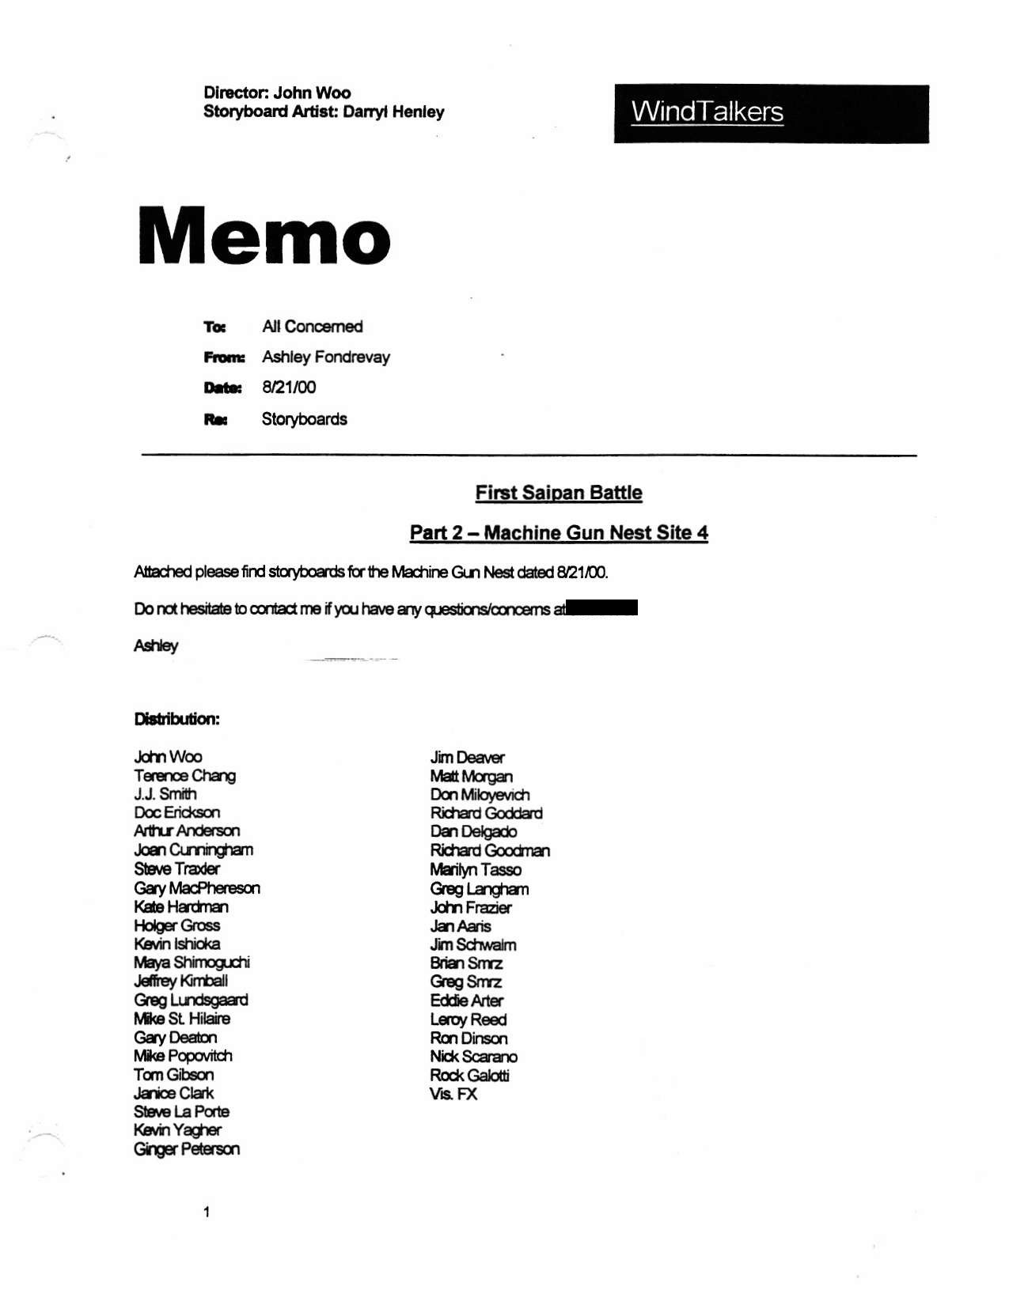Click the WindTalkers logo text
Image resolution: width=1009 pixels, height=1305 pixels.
coord(707,112)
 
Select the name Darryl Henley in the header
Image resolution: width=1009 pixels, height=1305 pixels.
coord(393,112)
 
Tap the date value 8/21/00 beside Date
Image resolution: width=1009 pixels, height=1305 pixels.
coord(289,387)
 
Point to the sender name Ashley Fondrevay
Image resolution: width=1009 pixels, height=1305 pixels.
coord(326,357)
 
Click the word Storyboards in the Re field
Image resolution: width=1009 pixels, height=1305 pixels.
coord(305,419)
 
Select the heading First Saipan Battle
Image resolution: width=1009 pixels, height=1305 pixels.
coord(559,493)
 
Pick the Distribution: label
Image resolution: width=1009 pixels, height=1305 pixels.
coord(176,719)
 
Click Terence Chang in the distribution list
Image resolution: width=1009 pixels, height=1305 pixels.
coord(184,775)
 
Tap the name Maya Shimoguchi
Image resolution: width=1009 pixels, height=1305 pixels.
coord(192,962)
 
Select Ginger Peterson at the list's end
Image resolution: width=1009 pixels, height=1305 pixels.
coord(186,1148)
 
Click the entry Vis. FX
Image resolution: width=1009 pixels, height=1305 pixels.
coord(453,1094)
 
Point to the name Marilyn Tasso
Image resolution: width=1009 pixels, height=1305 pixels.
coord(476,869)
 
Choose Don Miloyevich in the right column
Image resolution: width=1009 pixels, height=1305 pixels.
coord(480,794)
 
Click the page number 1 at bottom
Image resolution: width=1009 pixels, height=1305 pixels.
coord(207,1212)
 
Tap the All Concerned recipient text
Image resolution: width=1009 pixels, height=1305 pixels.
coord(313,327)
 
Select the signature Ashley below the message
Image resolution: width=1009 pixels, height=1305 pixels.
coord(156,645)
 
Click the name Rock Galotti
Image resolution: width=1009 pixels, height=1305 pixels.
coord(469,1075)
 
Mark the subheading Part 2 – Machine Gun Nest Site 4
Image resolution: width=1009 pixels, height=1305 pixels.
coord(559,532)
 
